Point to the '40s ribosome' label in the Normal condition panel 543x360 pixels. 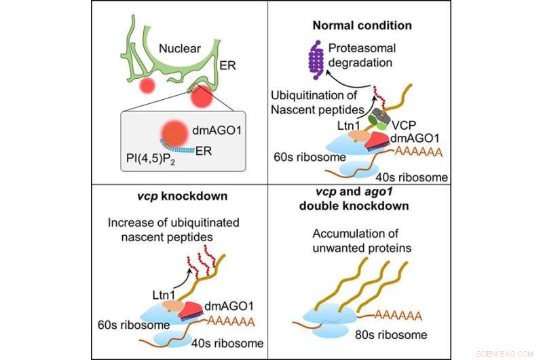point(417,178)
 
